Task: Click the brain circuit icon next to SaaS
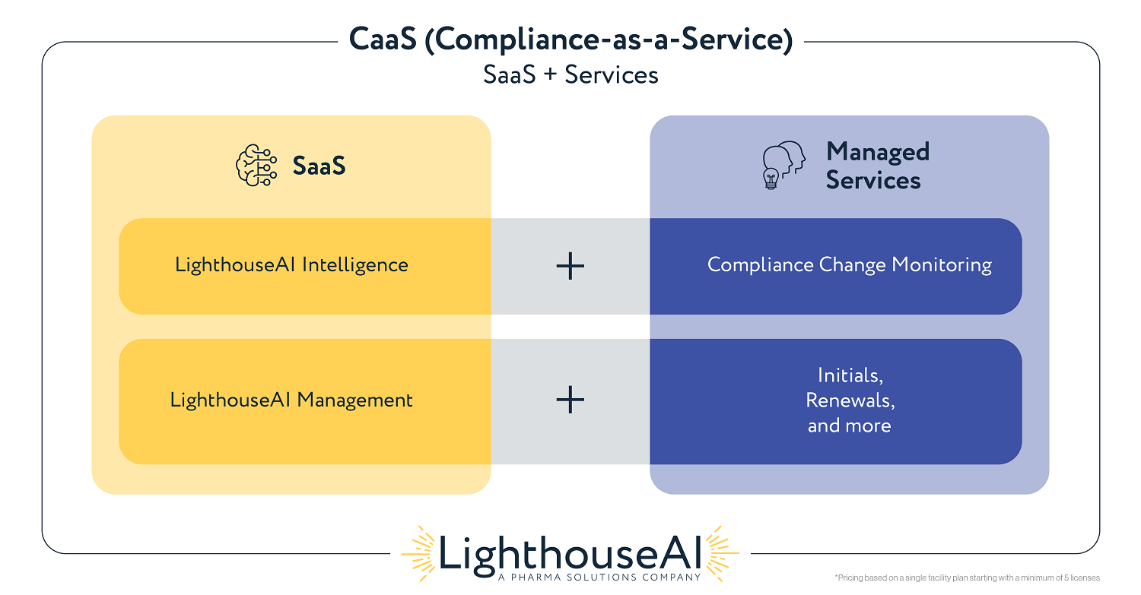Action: point(256,166)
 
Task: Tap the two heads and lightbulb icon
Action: point(784,165)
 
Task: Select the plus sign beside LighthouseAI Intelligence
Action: point(570,266)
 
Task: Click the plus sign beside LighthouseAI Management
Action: point(570,400)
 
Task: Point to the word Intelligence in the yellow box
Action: point(355,265)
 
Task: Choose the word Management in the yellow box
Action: point(354,400)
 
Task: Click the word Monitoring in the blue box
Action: point(942,265)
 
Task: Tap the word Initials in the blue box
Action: point(850,375)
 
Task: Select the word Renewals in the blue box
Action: point(850,400)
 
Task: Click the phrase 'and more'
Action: point(850,426)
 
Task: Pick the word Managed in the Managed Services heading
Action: point(878,152)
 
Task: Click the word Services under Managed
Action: point(873,180)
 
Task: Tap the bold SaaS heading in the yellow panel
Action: point(319,166)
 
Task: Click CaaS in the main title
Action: point(383,40)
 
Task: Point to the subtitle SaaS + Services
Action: point(570,74)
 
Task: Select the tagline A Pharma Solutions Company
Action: point(600,578)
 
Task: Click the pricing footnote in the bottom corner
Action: point(967,578)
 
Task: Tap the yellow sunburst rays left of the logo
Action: point(418,554)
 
